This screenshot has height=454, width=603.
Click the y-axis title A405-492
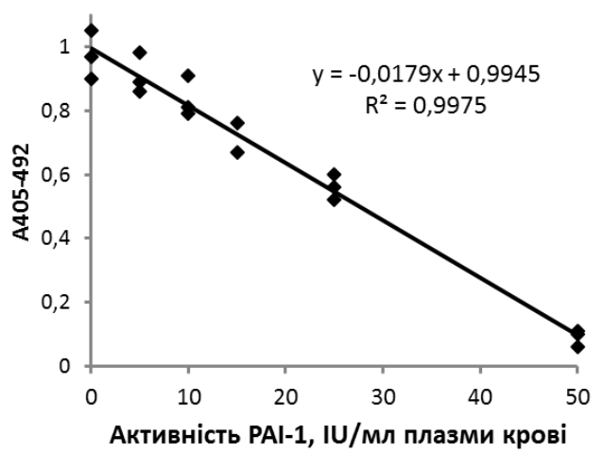22,192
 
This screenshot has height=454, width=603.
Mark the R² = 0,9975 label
425,105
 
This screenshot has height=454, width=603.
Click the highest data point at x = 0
91,30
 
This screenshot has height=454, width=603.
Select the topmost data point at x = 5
140,53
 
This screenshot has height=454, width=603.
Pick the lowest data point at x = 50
577,347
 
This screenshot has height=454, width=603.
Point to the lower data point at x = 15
237,152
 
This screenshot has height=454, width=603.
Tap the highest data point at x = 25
335,175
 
